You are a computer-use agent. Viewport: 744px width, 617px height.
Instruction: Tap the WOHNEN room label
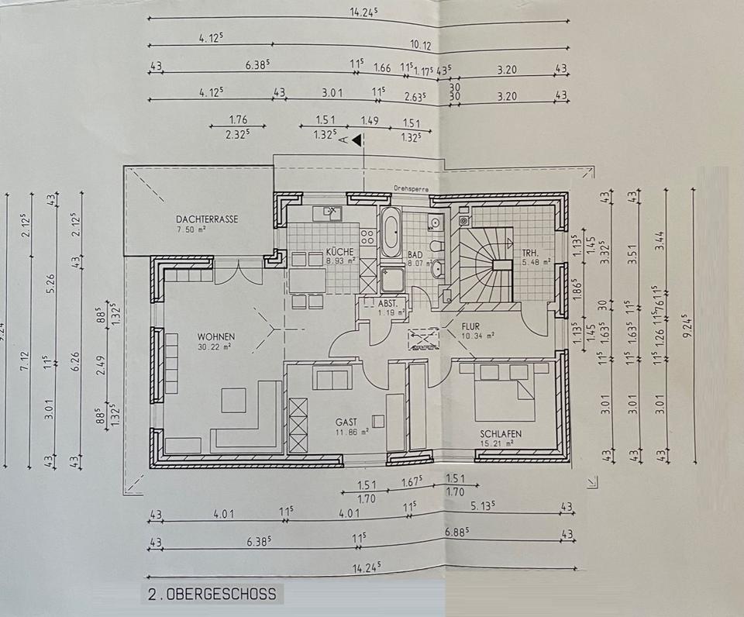click(x=215, y=336)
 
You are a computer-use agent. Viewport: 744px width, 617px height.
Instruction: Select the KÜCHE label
click(x=340, y=252)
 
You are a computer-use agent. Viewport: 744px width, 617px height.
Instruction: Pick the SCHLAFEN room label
click(x=501, y=435)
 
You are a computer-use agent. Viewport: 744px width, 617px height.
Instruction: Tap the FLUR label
click(x=473, y=326)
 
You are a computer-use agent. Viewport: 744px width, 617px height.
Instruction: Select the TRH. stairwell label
click(x=531, y=252)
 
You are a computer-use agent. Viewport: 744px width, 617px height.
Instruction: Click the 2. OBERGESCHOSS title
click(x=211, y=595)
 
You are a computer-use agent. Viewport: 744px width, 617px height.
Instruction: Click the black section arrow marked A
click(x=356, y=140)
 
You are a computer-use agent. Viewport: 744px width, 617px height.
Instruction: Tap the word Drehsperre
click(x=412, y=188)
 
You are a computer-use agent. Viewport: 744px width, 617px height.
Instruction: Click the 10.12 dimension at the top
click(x=421, y=46)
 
